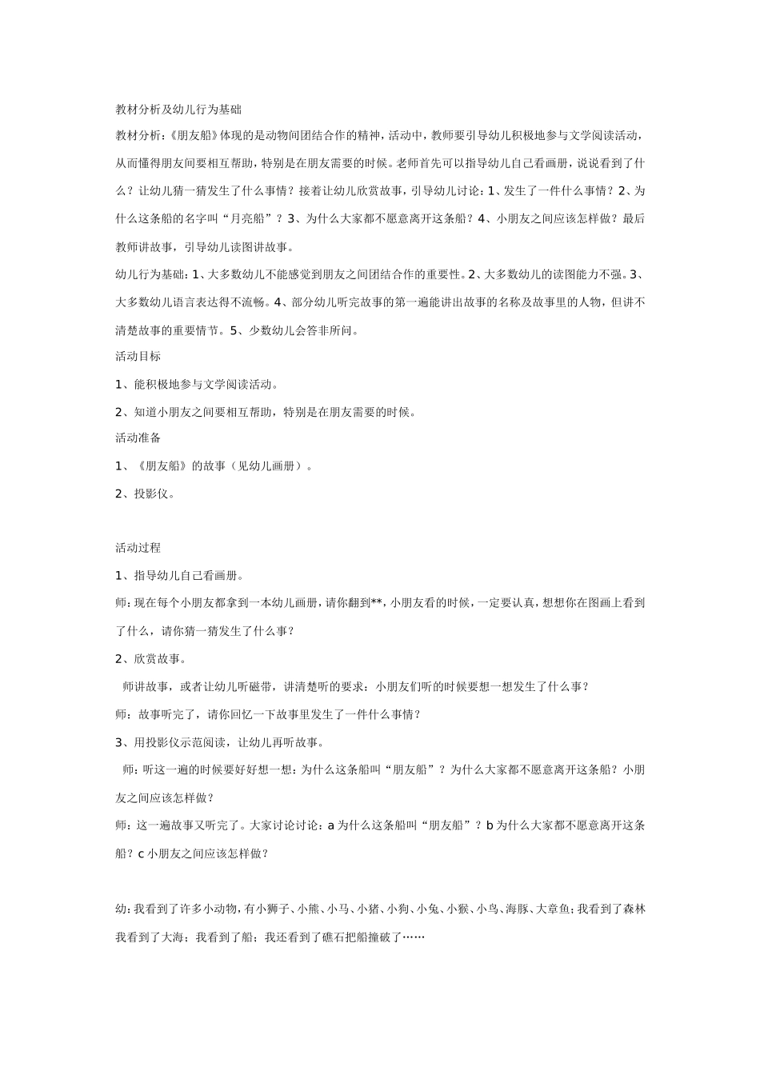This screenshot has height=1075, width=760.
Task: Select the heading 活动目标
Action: click(x=138, y=357)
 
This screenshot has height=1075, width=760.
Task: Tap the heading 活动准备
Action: click(x=138, y=438)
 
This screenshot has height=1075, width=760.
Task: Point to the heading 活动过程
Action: click(x=138, y=548)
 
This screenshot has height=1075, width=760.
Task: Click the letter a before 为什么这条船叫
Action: click(x=331, y=825)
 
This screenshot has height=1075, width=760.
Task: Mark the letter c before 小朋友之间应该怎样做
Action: click(x=141, y=853)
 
